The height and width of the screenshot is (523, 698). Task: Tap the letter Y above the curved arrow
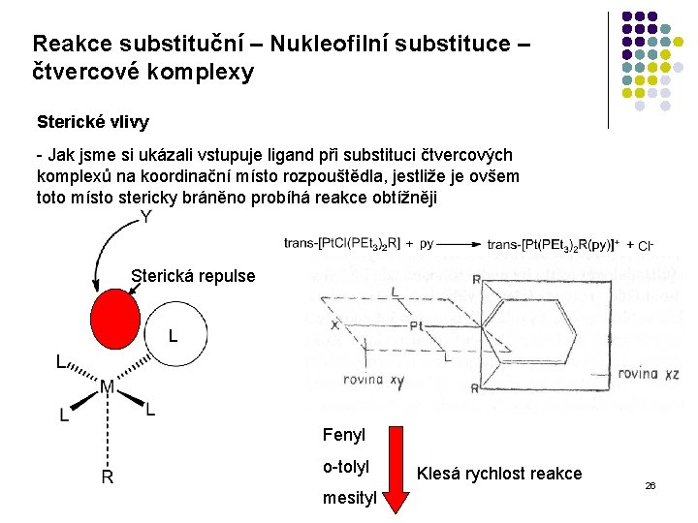click(146, 218)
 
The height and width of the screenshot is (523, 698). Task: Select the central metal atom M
click(108, 388)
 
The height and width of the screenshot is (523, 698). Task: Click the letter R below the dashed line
click(108, 477)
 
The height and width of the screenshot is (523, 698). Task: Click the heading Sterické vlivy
click(92, 123)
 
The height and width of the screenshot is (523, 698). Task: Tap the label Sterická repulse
click(193, 276)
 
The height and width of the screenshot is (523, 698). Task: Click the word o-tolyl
click(345, 467)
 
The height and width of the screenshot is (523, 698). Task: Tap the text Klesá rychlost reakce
click(498, 474)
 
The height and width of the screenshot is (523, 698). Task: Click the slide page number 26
click(650, 484)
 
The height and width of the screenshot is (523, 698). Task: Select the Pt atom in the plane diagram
click(418, 327)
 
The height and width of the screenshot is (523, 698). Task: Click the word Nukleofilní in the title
click(319, 45)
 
